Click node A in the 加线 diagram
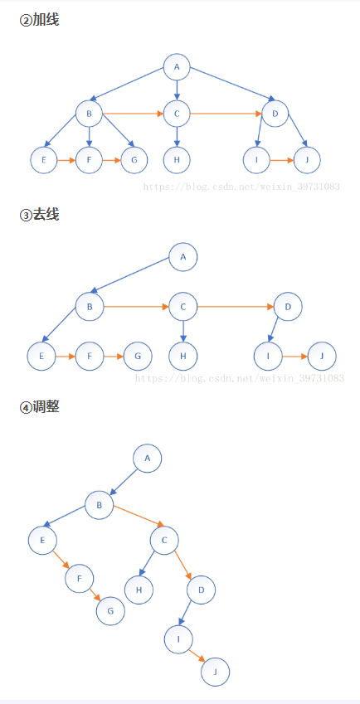[x=177, y=67]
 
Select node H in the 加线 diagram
[x=177, y=160]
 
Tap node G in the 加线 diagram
[x=134, y=160]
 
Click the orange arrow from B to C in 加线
[x=133, y=114]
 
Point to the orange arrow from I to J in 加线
[x=281, y=160]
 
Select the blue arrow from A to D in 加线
[x=232, y=84]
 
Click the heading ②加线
[x=40, y=20]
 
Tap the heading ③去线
[x=40, y=215]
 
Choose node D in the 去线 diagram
[x=288, y=307]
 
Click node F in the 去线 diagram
[x=90, y=356]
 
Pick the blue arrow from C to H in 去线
[x=182, y=332]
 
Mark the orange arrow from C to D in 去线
[x=236, y=307]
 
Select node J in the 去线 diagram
[x=322, y=356]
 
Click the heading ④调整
[x=40, y=407]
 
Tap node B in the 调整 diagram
[x=100, y=505]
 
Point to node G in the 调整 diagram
[x=110, y=611]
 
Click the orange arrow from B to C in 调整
[x=139, y=516]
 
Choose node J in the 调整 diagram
[x=216, y=672]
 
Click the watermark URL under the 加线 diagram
[x=241, y=187]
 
